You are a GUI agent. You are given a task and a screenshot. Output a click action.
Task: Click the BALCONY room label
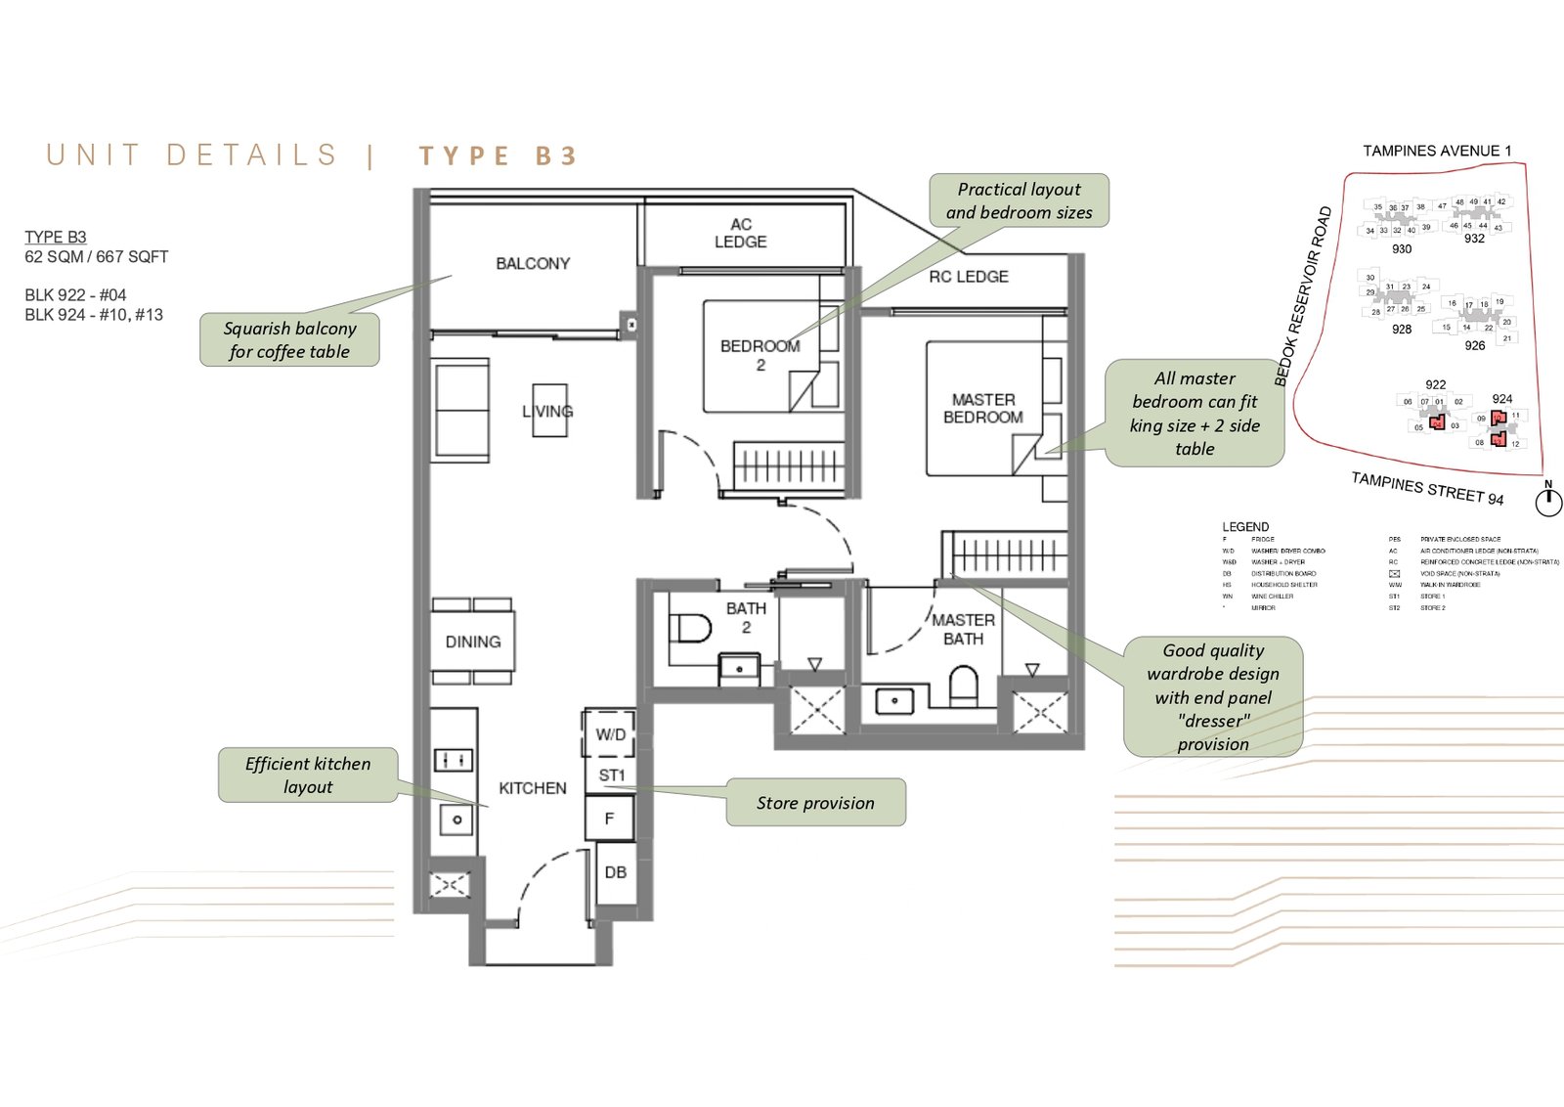click(532, 263)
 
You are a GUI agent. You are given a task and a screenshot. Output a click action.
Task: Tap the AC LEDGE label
click(740, 233)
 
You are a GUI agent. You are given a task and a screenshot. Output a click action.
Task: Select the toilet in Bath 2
click(691, 627)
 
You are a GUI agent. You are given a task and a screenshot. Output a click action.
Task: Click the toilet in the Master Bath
click(963, 685)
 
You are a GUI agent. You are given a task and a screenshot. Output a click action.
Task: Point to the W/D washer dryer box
click(610, 733)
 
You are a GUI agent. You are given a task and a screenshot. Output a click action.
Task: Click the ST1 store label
click(611, 775)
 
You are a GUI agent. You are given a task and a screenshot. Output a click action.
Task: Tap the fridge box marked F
click(609, 819)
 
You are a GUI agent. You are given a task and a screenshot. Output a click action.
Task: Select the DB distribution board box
click(615, 872)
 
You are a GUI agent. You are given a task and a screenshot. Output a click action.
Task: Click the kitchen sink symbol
click(456, 819)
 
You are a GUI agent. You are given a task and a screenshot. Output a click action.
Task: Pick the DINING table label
click(473, 642)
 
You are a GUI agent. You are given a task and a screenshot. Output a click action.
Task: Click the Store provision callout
click(815, 803)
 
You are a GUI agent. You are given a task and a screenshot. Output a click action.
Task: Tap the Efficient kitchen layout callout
click(308, 775)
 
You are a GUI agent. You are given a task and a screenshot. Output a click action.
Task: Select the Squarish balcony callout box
click(289, 339)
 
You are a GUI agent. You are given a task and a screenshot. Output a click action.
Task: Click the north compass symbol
click(1548, 501)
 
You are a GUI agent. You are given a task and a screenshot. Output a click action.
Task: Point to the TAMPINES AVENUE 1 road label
click(1437, 151)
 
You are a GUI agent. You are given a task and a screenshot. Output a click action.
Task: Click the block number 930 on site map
click(1402, 249)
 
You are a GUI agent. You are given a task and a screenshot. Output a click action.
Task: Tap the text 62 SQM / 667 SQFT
click(97, 256)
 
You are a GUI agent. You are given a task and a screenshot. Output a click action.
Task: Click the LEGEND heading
click(1245, 526)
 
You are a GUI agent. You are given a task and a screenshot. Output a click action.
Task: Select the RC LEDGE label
click(968, 277)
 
